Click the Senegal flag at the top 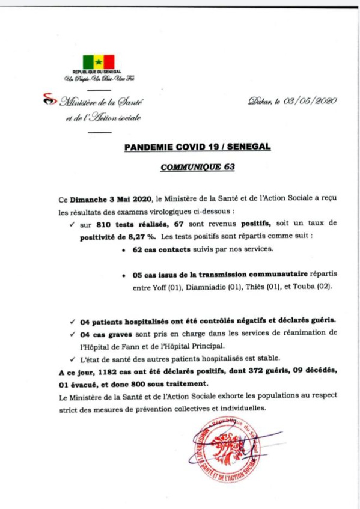coord(99,61)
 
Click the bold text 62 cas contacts coord(160,249)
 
